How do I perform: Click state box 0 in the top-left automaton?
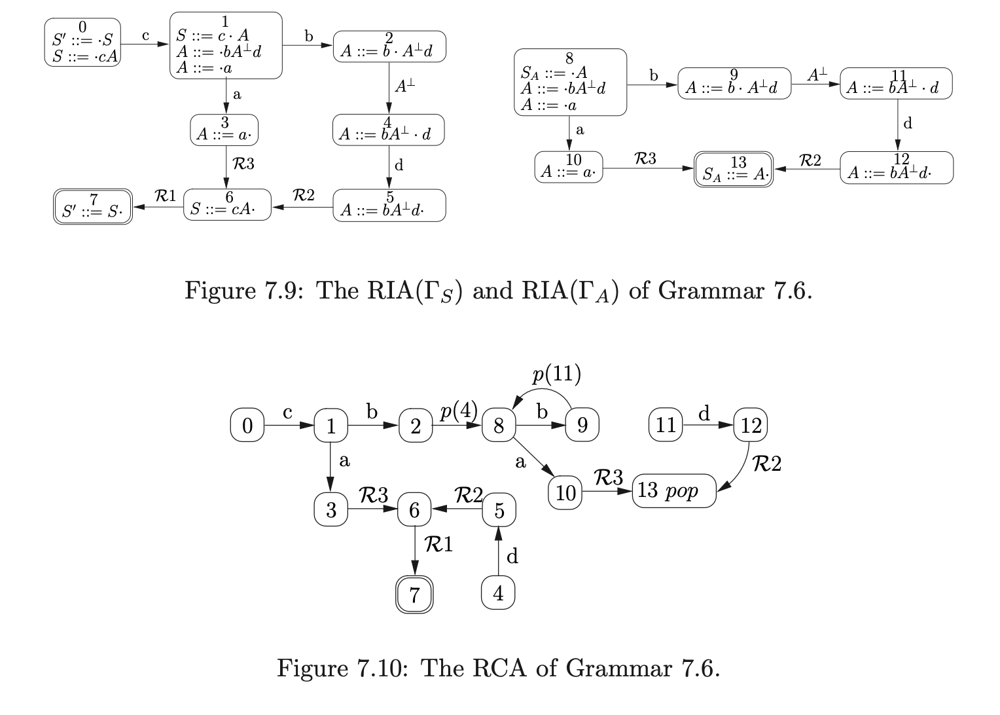pyautogui.click(x=82, y=43)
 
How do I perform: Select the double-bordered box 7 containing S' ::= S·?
pyautogui.click(x=93, y=207)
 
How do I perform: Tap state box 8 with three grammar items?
pyautogui.click(x=570, y=82)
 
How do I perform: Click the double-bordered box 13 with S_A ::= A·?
pyautogui.click(x=733, y=170)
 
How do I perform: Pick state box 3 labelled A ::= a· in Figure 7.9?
pyautogui.click(x=224, y=130)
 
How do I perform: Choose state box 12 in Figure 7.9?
pyautogui.click(x=896, y=168)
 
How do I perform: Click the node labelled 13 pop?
pyautogui.click(x=673, y=491)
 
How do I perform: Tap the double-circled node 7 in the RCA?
pyautogui.click(x=415, y=595)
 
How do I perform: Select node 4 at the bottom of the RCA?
pyautogui.click(x=498, y=593)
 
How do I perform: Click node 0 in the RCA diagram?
pyautogui.click(x=247, y=426)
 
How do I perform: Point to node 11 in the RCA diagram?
pyautogui.click(x=666, y=425)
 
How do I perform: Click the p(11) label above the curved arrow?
pyautogui.click(x=556, y=374)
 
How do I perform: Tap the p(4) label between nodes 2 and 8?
pyautogui.click(x=458, y=411)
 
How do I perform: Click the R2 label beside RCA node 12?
pyautogui.click(x=766, y=464)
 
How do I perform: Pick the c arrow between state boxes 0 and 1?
pyautogui.click(x=145, y=44)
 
